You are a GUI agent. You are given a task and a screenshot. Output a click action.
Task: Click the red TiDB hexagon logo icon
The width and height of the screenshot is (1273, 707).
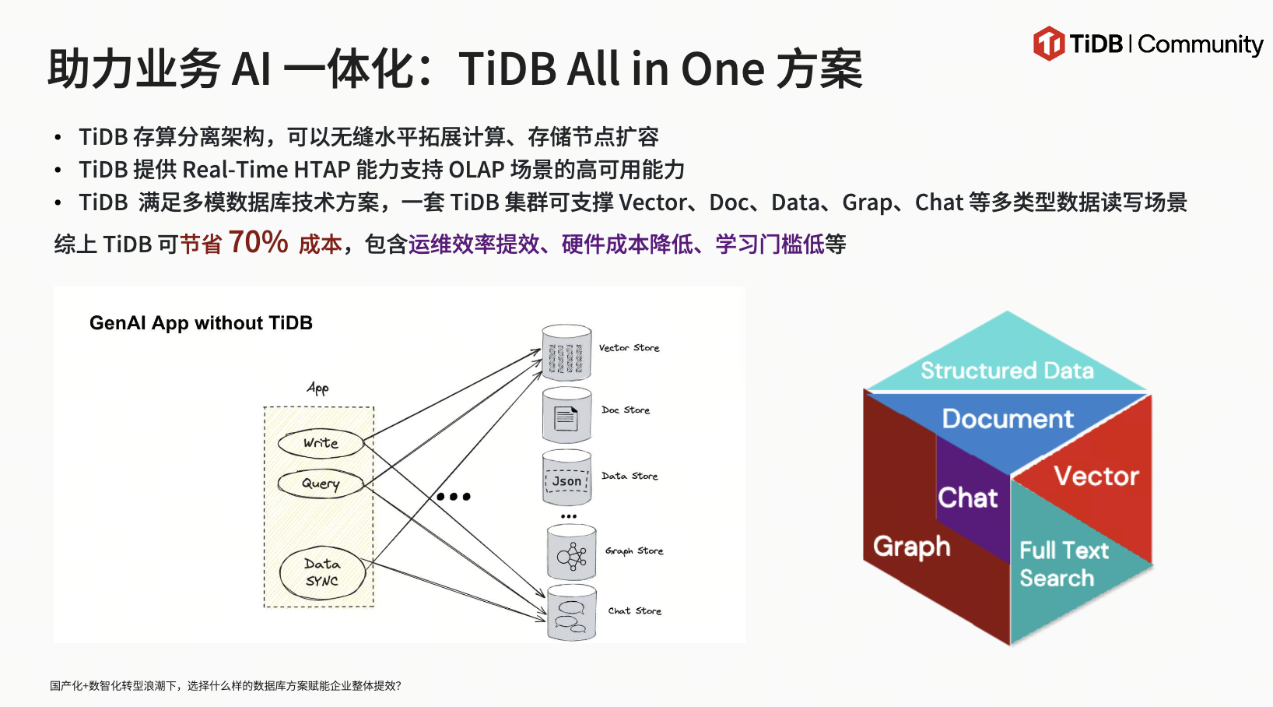click(x=1049, y=44)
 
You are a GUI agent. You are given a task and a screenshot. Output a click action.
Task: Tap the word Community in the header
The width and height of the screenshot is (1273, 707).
click(x=1201, y=44)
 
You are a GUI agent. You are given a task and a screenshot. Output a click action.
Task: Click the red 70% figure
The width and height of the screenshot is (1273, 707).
click(x=258, y=242)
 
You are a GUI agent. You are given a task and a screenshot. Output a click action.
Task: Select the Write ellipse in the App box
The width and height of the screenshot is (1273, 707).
click(x=321, y=444)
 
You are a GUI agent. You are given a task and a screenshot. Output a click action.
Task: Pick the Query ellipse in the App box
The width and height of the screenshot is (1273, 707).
click(x=321, y=484)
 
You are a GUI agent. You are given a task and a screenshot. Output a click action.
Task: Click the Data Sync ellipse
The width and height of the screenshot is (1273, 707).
click(x=322, y=573)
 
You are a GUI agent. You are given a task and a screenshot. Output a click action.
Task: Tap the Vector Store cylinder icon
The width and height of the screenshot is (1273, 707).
click(x=566, y=352)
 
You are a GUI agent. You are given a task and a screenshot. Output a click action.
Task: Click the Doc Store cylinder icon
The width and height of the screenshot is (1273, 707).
click(x=566, y=415)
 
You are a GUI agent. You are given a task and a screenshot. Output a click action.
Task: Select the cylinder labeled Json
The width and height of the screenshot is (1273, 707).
click(x=566, y=478)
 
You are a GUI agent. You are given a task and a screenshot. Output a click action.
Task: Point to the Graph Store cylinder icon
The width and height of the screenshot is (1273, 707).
click(x=572, y=552)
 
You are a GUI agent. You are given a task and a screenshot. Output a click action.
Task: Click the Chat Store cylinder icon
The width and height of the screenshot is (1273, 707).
click(x=572, y=613)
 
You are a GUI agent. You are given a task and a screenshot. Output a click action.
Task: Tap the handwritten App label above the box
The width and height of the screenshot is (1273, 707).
click(x=317, y=389)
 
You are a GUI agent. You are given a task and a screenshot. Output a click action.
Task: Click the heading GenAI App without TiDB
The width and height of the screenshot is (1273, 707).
click(x=202, y=323)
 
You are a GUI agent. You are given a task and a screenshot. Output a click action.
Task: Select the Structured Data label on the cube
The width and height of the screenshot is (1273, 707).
click(x=1007, y=371)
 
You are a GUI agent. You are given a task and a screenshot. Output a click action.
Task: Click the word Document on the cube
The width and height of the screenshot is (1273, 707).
click(x=1008, y=419)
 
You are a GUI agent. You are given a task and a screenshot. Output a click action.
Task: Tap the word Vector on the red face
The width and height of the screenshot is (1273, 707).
click(x=1096, y=476)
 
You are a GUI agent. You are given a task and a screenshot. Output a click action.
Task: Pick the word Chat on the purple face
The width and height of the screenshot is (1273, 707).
click(x=967, y=498)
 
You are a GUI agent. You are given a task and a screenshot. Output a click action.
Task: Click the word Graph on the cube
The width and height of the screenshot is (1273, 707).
click(x=911, y=547)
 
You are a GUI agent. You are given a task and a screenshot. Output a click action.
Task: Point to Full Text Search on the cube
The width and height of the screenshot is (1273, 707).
click(x=1064, y=564)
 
